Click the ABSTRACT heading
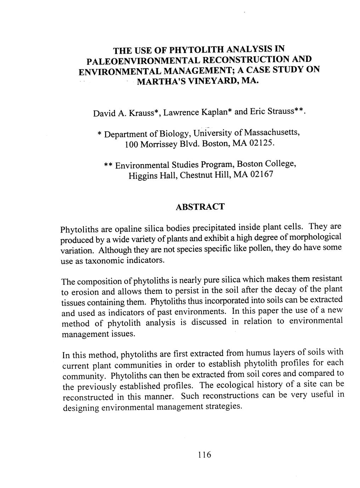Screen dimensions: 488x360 [x=200, y=207]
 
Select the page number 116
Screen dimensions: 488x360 [x=205, y=454]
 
